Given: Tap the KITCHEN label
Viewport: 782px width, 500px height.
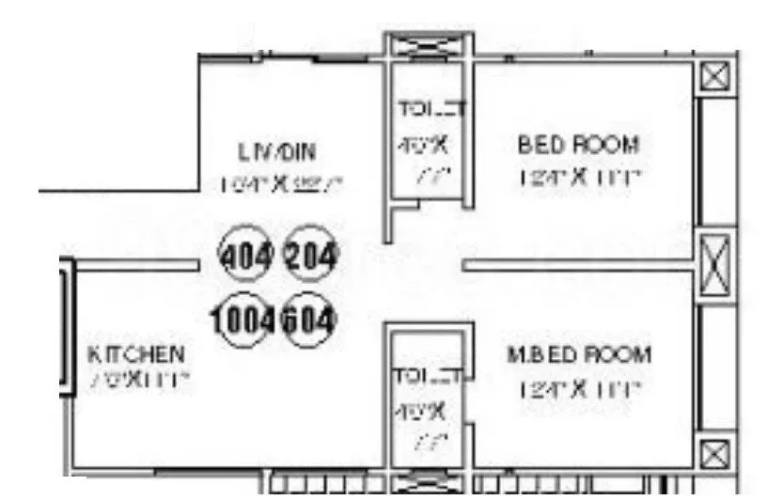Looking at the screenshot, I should (136, 354).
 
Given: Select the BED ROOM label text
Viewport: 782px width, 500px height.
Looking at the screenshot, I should (578, 145).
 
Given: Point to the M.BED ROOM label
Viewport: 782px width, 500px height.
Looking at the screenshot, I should (578, 355).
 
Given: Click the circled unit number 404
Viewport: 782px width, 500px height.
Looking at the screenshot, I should (244, 255).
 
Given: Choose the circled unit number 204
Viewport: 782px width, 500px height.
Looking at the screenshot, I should (310, 255).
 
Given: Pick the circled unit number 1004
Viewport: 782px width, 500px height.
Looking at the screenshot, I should (246, 320).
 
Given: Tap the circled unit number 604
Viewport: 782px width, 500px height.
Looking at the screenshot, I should (309, 320).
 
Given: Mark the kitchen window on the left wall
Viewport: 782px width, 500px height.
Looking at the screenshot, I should (67, 324).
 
